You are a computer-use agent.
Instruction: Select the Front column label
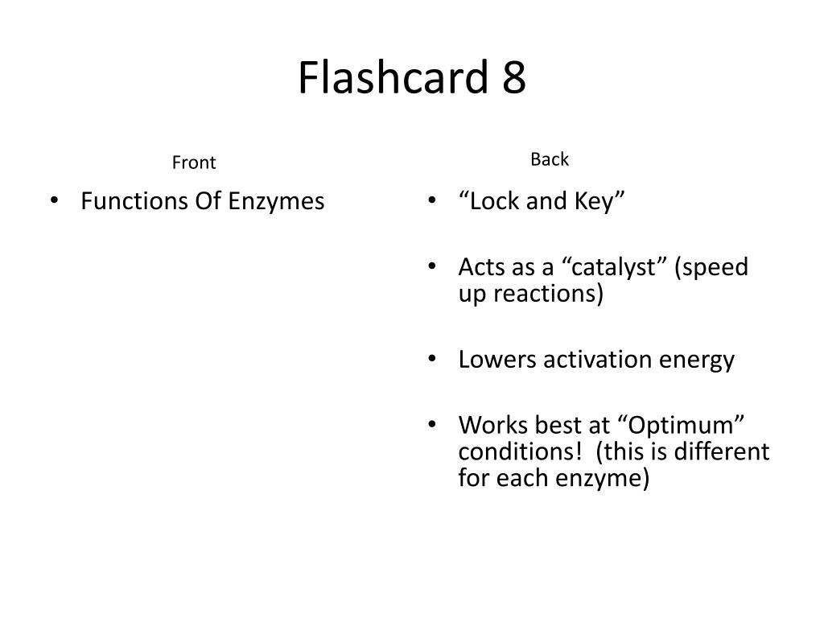click(x=194, y=163)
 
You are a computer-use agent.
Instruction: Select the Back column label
click(x=550, y=159)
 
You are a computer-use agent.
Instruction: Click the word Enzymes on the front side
click(x=276, y=200)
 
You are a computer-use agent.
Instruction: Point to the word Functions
click(x=134, y=200)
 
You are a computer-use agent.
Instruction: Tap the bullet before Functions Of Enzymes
click(x=55, y=201)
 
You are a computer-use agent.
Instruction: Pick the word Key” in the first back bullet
click(x=599, y=200)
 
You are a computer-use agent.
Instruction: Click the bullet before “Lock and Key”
click(x=432, y=201)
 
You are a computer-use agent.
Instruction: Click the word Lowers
click(x=497, y=359)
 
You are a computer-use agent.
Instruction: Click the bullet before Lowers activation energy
click(x=432, y=359)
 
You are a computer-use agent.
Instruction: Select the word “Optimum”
click(x=684, y=425)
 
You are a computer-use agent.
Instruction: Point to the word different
click(x=723, y=451)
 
